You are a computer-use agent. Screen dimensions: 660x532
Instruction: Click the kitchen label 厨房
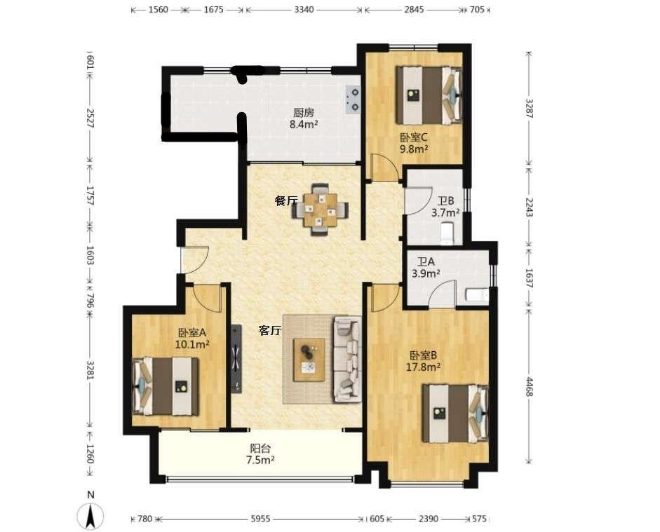coord(304,113)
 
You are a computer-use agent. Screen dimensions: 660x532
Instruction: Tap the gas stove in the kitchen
coord(353,100)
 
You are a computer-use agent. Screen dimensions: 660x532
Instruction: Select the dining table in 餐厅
coord(321,210)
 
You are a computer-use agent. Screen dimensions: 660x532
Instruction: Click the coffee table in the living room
coord(309,360)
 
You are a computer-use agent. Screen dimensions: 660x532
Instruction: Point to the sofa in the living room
coord(348,359)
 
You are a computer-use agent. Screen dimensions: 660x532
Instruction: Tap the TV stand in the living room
coord(236,358)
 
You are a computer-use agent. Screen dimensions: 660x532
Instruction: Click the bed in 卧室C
coord(429,95)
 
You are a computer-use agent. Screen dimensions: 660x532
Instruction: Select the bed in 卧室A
coord(166,386)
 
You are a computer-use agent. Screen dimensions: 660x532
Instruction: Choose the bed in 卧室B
coord(455,414)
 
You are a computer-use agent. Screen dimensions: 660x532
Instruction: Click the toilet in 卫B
coord(447,234)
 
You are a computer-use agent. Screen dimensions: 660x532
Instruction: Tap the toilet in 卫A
coord(478,294)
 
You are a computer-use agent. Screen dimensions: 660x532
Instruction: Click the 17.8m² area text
coord(423,367)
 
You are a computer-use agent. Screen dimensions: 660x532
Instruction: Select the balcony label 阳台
coord(260,449)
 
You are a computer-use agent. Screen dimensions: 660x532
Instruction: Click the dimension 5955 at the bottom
coord(261,519)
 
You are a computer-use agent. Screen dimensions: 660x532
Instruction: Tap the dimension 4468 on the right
coord(529,386)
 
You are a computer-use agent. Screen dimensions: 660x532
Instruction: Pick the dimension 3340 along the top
coord(304,9)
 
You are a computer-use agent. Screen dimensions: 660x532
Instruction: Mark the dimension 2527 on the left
coord(90,118)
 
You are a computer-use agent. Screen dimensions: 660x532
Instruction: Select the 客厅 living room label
coord(270,331)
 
